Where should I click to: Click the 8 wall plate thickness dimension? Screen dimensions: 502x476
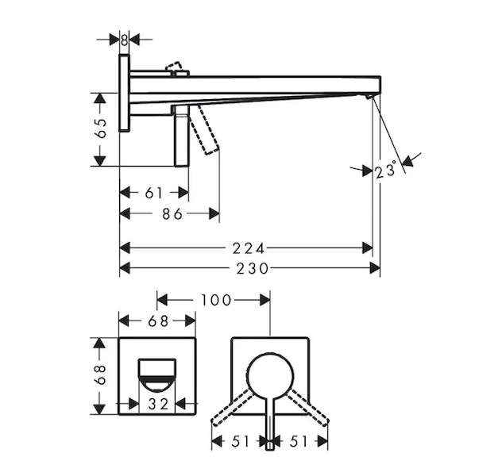click(x=124, y=40)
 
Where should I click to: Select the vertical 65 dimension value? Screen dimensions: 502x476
click(x=101, y=129)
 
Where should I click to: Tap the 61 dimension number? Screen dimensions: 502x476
click(x=154, y=193)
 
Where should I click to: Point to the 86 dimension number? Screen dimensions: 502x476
click(x=172, y=214)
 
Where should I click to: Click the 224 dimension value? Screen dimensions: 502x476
click(x=249, y=248)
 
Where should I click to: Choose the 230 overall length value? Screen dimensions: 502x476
click(x=253, y=268)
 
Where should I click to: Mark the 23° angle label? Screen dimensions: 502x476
click(x=386, y=170)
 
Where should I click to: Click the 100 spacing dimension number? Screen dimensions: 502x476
click(x=216, y=300)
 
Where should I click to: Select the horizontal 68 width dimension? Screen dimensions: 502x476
click(x=158, y=321)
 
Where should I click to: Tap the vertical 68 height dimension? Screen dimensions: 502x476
click(x=100, y=374)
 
